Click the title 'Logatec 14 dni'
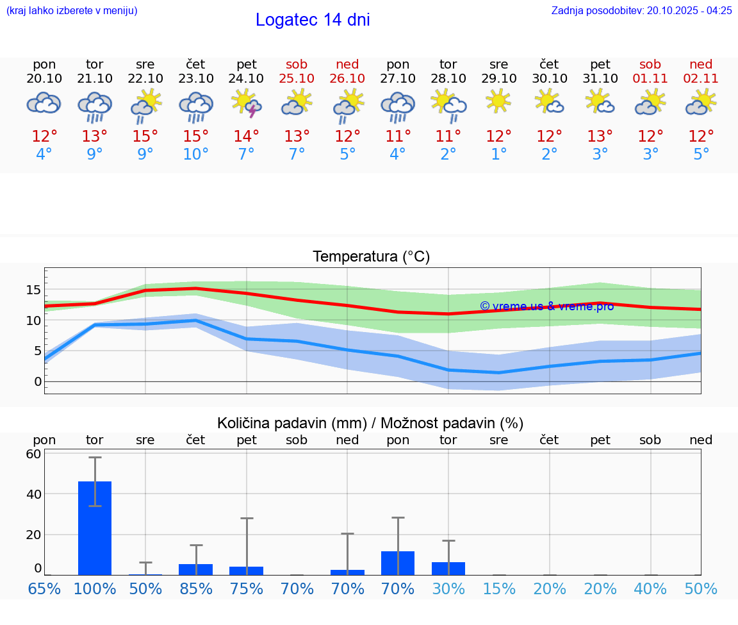pyautogui.click(x=313, y=20)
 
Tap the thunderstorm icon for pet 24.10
pyautogui.click(x=247, y=103)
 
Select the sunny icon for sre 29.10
pyautogui.click(x=498, y=102)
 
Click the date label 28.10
pyautogui.click(x=448, y=79)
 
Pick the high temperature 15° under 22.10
pyautogui.click(x=145, y=137)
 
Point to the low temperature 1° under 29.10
pyautogui.click(x=498, y=154)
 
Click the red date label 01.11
pyautogui.click(x=650, y=79)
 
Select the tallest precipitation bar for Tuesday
pyautogui.click(x=95, y=528)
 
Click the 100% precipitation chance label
pyautogui.click(x=95, y=589)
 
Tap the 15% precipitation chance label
pyautogui.click(x=498, y=589)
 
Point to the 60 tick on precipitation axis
pyautogui.click(x=33, y=454)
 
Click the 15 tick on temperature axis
pyautogui.click(x=33, y=290)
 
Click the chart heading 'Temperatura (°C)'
pyautogui.click(x=372, y=257)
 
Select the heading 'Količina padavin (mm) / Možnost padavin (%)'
pyautogui.click(x=370, y=423)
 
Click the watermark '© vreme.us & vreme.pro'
pyautogui.click(x=547, y=306)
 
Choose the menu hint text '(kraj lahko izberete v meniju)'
pyautogui.click(x=72, y=10)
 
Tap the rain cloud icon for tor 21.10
pyautogui.click(x=95, y=106)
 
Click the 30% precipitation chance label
pyautogui.click(x=448, y=589)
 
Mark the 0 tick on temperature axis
pyautogui.click(x=38, y=381)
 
